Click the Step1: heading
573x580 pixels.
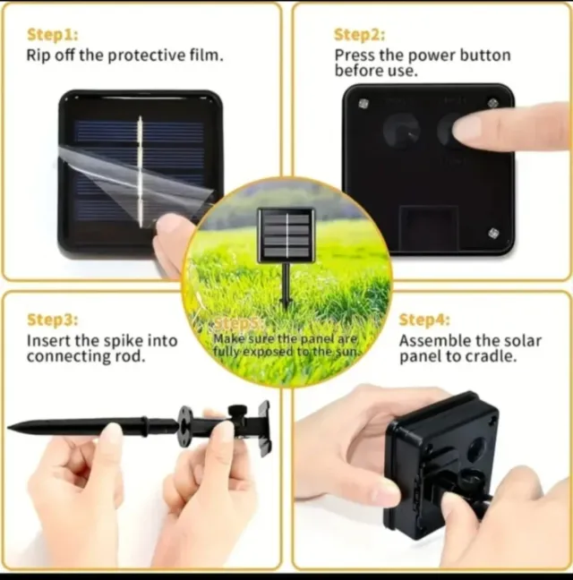tap(53, 34)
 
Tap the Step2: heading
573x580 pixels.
tap(359, 34)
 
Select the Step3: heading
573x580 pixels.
tap(53, 320)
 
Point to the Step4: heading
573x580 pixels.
tap(424, 320)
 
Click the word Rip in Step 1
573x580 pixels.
tap(38, 55)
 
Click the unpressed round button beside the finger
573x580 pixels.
tap(402, 131)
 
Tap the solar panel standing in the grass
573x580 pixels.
tap(286, 235)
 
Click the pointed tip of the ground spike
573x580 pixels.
tap(9, 427)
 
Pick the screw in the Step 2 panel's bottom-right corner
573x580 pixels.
tap(493, 233)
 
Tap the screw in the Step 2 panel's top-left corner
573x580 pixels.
tap(363, 104)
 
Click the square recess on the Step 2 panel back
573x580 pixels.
tap(429, 227)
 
